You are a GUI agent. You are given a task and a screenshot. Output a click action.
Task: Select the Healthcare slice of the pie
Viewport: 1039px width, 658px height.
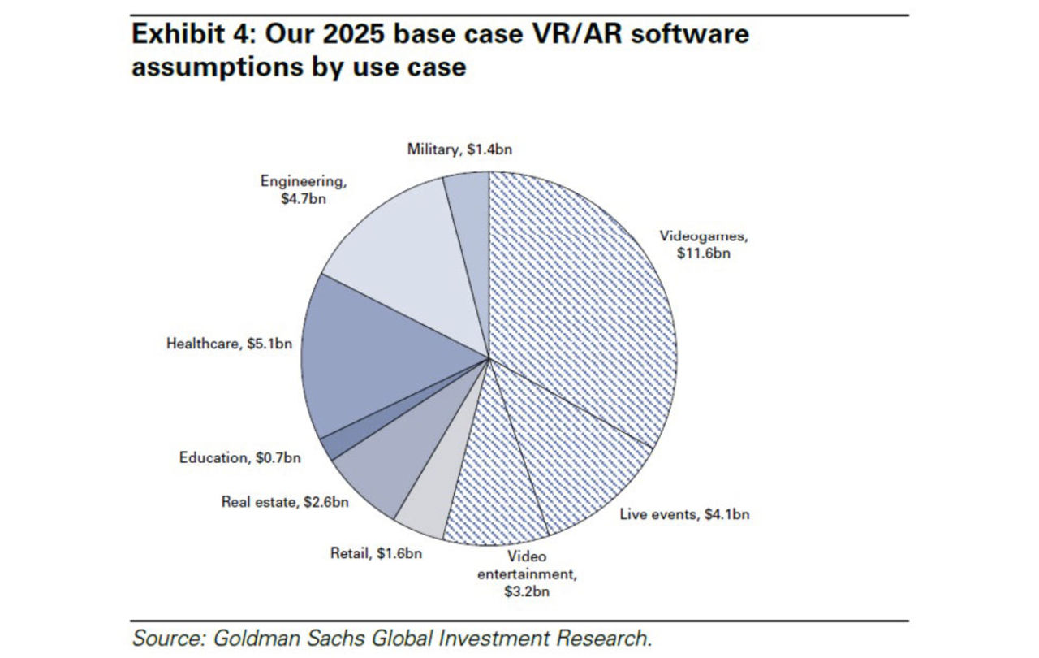tap(390, 357)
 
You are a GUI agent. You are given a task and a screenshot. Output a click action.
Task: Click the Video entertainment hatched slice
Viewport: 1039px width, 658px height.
tap(495, 487)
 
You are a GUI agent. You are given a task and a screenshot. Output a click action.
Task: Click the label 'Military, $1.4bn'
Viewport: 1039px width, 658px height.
tap(459, 149)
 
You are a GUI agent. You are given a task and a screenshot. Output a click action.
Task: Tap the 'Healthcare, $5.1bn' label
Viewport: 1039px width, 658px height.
tap(229, 344)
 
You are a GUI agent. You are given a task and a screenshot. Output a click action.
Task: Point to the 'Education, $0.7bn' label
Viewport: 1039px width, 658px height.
tap(239, 458)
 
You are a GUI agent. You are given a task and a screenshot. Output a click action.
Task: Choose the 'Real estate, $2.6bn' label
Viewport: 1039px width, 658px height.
tap(285, 502)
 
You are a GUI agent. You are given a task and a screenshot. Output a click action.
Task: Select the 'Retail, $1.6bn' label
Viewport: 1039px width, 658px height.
tap(376, 554)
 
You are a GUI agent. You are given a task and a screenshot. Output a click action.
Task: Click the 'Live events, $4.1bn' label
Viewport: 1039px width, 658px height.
tap(684, 514)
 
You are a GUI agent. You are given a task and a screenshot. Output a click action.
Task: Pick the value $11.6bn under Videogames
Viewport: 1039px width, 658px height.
tap(705, 253)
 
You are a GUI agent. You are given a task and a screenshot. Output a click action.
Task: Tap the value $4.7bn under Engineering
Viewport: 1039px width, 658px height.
tap(302, 198)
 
